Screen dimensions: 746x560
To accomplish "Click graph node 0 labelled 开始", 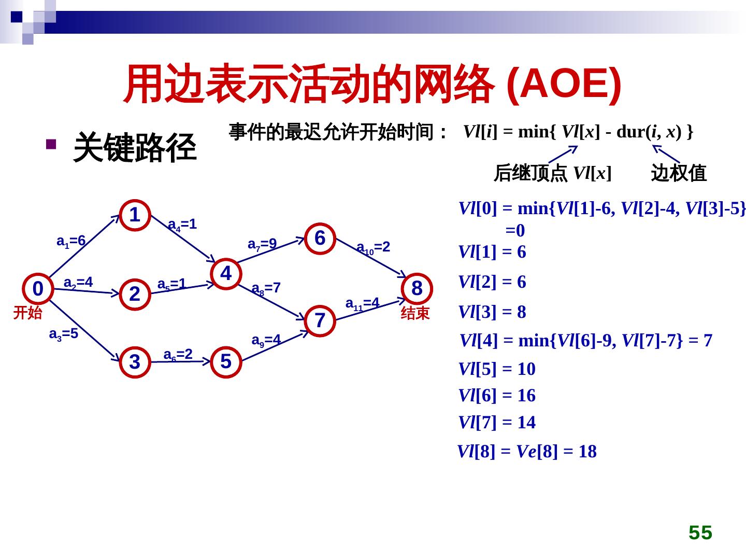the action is click(x=38, y=288).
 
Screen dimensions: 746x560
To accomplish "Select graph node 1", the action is click(x=135, y=215).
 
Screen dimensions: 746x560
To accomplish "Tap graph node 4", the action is click(x=226, y=273).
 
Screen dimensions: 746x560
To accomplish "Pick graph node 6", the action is click(x=320, y=238).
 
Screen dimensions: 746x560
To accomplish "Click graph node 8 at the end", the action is click(x=417, y=288).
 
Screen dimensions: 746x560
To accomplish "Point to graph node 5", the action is click(x=225, y=361).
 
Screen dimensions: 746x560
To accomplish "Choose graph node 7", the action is click(x=320, y=320).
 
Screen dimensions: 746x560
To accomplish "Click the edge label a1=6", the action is click(x=71, y=241).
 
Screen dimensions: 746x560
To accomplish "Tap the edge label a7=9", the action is click(x=262, y=244).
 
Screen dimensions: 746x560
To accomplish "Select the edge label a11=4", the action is click(x=363, y=303).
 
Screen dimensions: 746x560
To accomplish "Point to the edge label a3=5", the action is click(x=63, y=334).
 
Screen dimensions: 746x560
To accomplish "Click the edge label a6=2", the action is click(x=178, y=355).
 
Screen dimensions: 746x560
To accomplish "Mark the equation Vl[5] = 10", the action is click(x=497, y=369).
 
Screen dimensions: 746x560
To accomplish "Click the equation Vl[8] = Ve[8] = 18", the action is click(x=527, y=452).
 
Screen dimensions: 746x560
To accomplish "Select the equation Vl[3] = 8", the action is click(x=492, y=312).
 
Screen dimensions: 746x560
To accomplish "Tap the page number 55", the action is click(x=700, y=533).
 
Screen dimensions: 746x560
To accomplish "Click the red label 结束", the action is click(x=415, y=313).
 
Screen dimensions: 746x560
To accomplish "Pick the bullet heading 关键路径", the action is click(x=135, y=147).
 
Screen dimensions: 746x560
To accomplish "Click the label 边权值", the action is click(x=679, y=173).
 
